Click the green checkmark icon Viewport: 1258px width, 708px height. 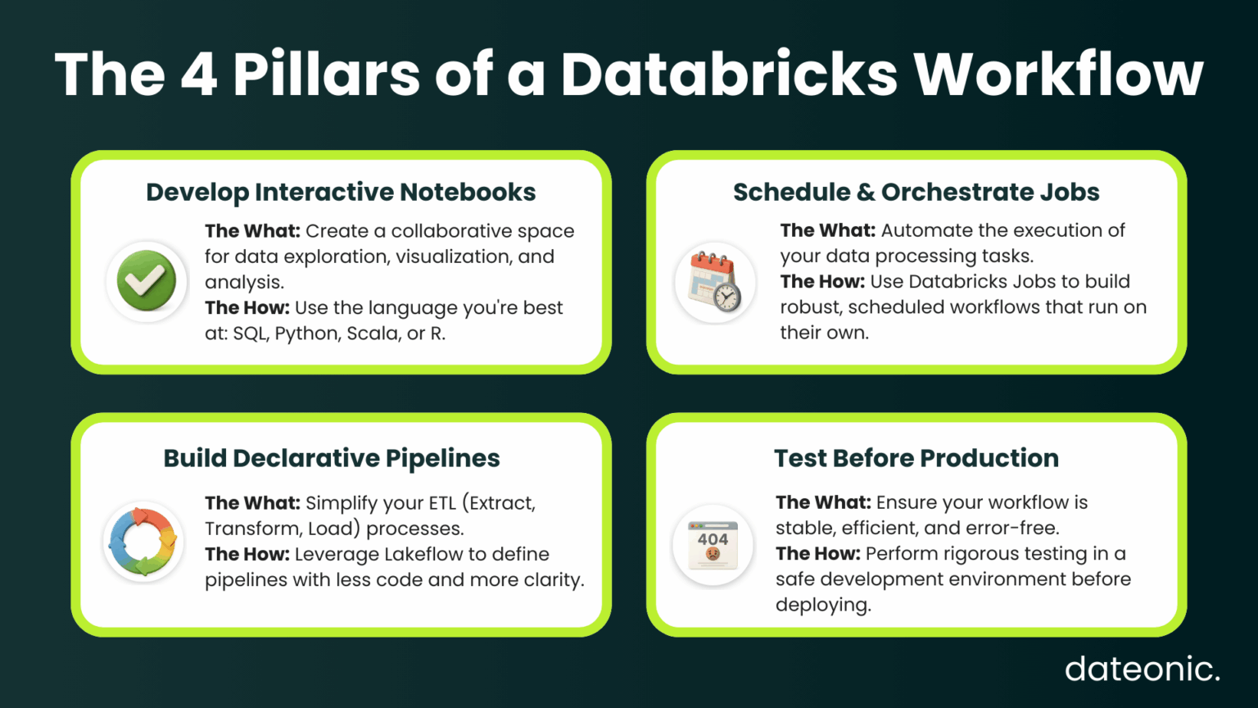[147, 281]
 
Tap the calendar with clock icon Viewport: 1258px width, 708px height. [714, 282]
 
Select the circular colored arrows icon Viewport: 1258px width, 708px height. [144, 542]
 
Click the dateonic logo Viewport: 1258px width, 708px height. [1142, 669]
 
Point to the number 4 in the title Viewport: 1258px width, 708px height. [199, 75]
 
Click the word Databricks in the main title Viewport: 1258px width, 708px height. [729, 75]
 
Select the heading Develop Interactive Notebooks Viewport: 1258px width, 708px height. [341, 192]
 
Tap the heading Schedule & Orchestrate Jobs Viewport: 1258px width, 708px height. [916, 192]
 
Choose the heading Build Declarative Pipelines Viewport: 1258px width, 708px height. [332, 458]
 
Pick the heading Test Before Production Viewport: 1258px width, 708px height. [916, 458]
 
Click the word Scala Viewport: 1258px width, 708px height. [373, 334]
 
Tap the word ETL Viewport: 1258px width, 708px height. [442, 502]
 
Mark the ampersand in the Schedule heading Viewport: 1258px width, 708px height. [866, 192]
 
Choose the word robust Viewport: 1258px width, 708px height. [810, 307]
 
